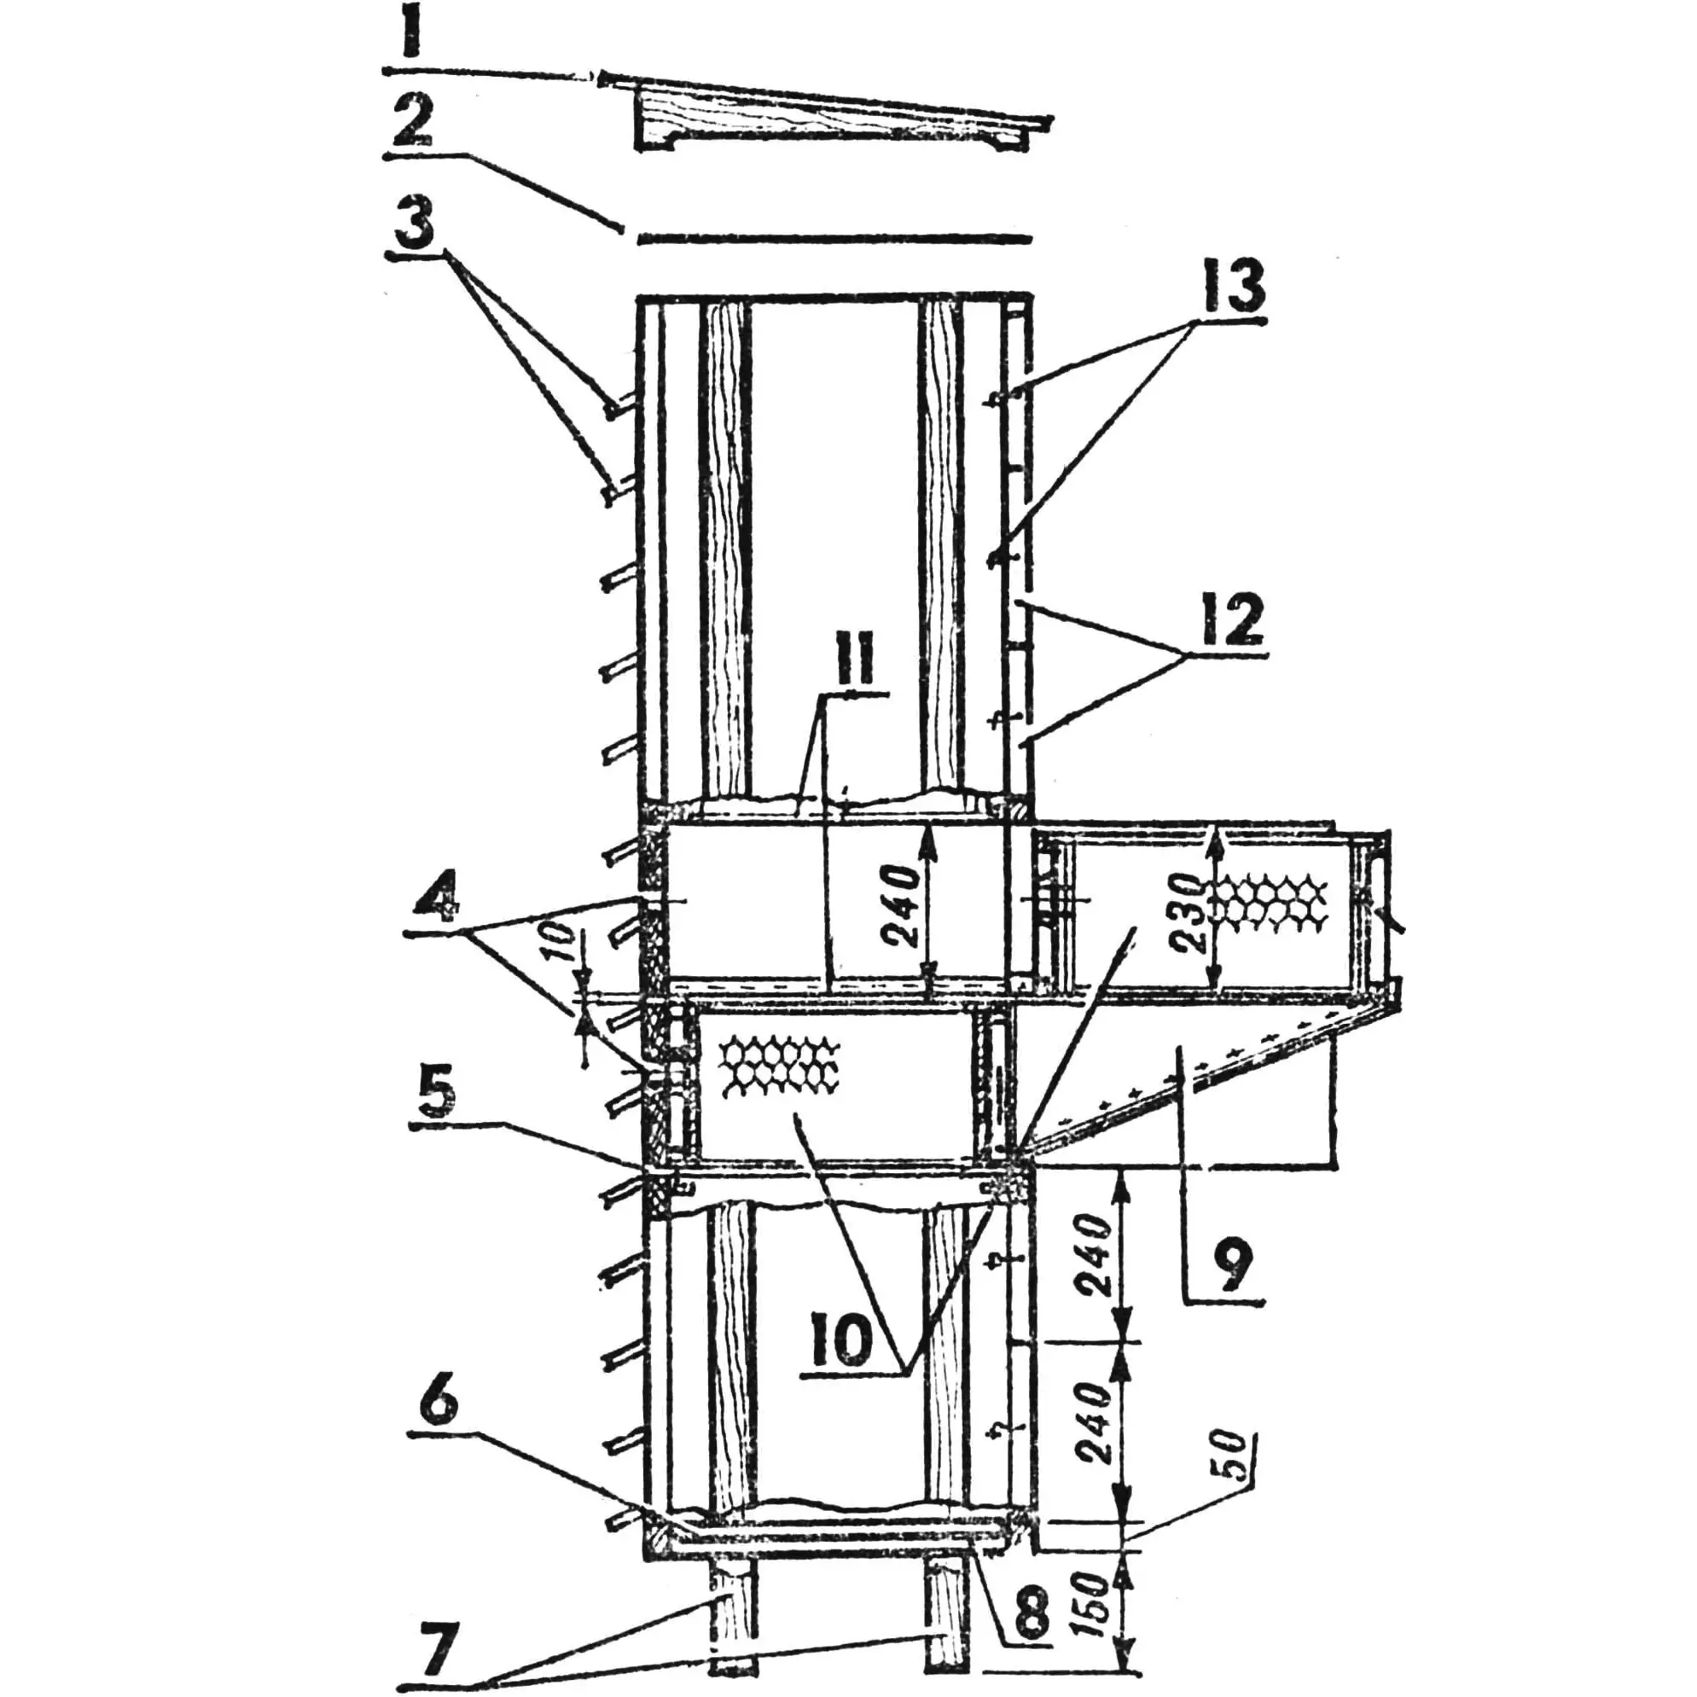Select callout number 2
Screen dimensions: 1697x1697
413,120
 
